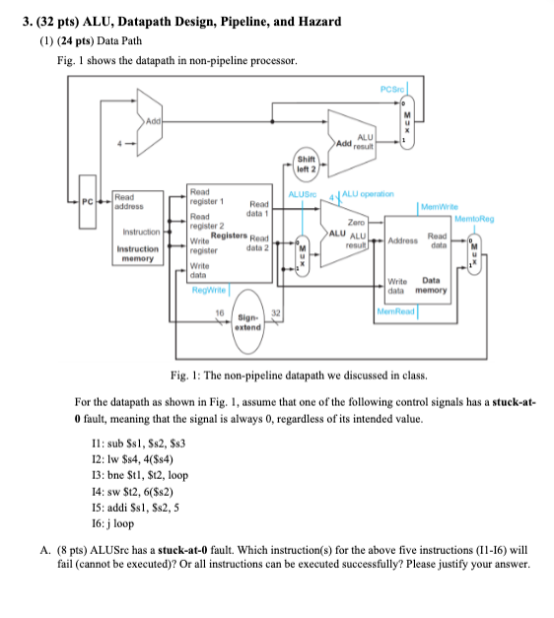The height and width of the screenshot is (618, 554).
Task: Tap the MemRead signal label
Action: click(398, 312)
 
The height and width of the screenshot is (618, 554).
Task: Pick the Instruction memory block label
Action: click(137, 255)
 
